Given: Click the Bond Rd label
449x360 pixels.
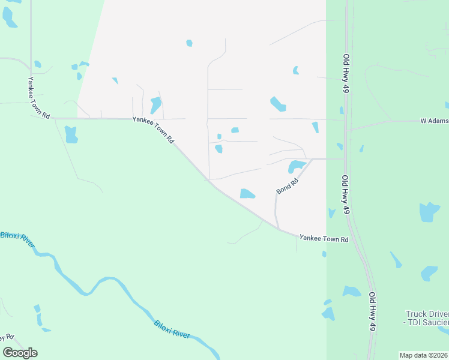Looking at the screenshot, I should pyautogui.click(x=288, y=187).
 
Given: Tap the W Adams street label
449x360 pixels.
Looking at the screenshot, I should pyautogui.click(x=434, y=121).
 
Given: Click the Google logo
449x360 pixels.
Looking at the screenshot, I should pyautogui.click(x=20, y=353).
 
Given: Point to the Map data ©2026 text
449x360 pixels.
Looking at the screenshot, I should pyautogui.click(x=423, y=355).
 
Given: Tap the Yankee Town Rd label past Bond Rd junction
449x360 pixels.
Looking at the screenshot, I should pyautogui.click(x=324, y=239).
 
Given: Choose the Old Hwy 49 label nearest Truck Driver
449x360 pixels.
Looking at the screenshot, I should pyautogui.click(x=372, y=311).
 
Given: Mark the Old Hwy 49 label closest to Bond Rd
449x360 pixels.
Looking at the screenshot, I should pyautogui.click(x=346, y=195).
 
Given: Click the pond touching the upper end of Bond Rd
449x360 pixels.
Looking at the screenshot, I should pyautogui.click(x=297, y=166).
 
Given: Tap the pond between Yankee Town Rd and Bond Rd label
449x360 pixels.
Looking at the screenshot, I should pyautogui.click(x=247, y=193).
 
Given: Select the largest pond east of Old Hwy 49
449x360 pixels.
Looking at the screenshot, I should pyautogui.click(x=429, y=212).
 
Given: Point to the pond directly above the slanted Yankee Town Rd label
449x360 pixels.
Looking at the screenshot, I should pyautogui.click(x=155, y=105).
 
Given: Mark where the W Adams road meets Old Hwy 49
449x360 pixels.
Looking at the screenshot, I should pyautogui.click(x=347, y=129).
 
